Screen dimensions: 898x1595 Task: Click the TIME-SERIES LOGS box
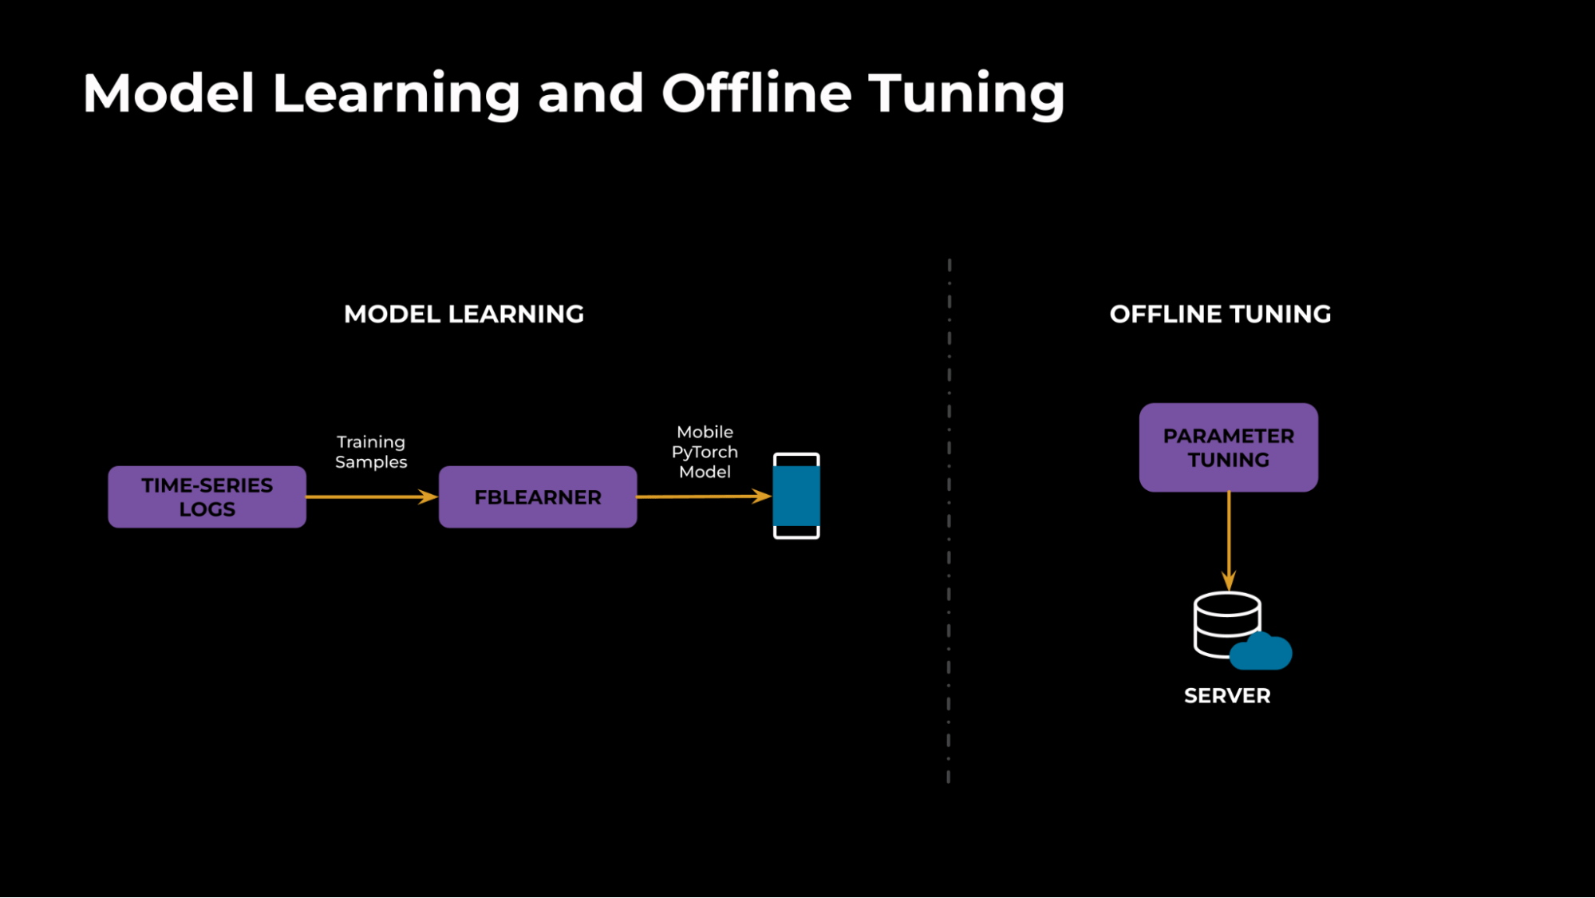point(207,496)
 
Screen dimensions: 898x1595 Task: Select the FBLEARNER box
point(538,496)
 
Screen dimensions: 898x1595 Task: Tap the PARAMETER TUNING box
point(1228,447)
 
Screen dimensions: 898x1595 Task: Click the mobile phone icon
point(796,496)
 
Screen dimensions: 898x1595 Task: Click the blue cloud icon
point(1261,652)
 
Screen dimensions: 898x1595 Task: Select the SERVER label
point(1227,695)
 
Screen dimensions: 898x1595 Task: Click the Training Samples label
point(371,452)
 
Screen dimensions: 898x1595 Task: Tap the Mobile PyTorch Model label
point(705,452)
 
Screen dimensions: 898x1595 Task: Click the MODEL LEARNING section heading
point(464,314)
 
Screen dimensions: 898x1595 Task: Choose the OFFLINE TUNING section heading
point(1220,314)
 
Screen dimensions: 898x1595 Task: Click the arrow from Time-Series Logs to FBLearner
point(372,496)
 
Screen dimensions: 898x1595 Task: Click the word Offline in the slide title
point(756,93)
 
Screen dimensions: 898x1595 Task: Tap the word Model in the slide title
point(168,93)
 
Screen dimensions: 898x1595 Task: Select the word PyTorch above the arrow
point(705,452)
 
